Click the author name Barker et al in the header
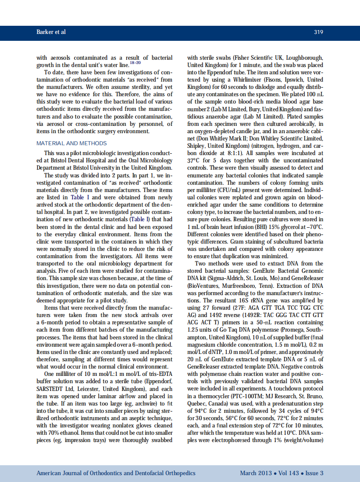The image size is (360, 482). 51,32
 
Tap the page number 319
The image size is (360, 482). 318,32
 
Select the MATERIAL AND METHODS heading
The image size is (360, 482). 72,143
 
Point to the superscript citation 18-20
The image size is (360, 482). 135,63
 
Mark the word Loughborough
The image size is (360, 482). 305,57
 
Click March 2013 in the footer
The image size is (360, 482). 256,473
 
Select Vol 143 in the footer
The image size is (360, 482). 289,473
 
